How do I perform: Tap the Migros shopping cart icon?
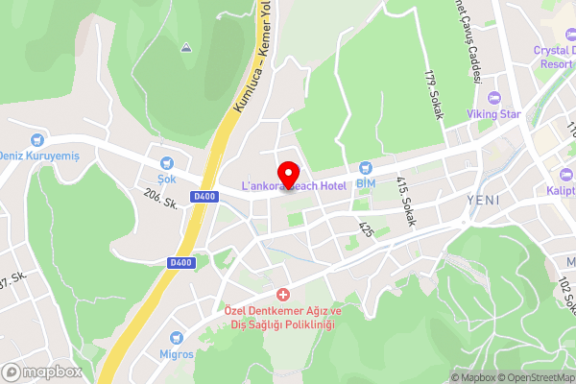pos(177,337)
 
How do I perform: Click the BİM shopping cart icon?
pos(366,169)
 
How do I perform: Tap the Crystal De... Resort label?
pos(555,55)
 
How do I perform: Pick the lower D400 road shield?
pos(180,262)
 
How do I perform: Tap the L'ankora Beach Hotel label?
pos(293,185)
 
